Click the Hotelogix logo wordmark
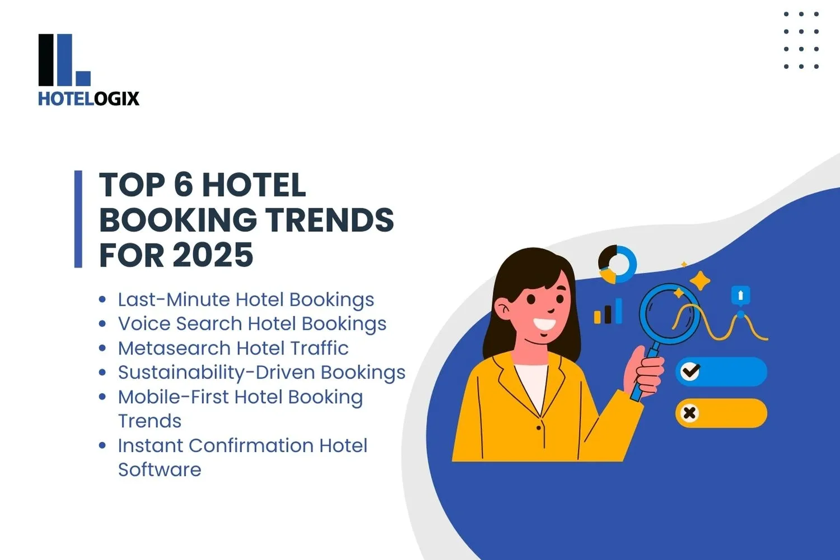(88, 99)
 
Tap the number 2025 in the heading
(213, 255)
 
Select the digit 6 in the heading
(183, 185)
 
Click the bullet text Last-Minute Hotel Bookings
(245, 300)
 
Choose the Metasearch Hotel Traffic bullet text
(233, 348)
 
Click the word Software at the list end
(159, 470)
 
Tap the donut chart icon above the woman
(617, 264)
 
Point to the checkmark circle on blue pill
(690, 371)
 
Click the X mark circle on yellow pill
(689, 413)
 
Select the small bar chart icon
(608, 312)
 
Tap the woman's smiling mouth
(544, 324)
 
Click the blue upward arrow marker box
(740, 295)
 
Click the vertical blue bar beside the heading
(78, 219)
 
